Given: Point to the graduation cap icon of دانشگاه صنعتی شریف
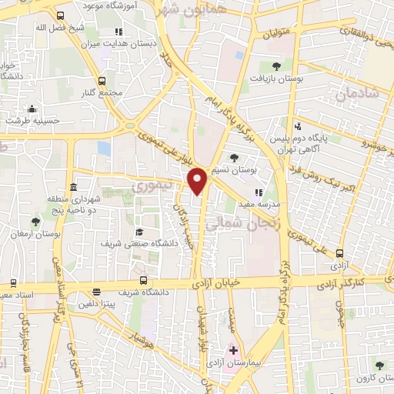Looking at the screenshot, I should pos(139,232).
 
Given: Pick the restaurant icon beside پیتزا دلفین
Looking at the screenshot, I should pos(96,292).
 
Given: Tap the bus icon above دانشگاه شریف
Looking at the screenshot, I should pos(144,280).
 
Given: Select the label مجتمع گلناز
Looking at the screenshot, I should pos(106,92).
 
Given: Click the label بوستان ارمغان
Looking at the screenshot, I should pos(37,232).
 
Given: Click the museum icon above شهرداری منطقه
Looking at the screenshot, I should pos(72,188).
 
